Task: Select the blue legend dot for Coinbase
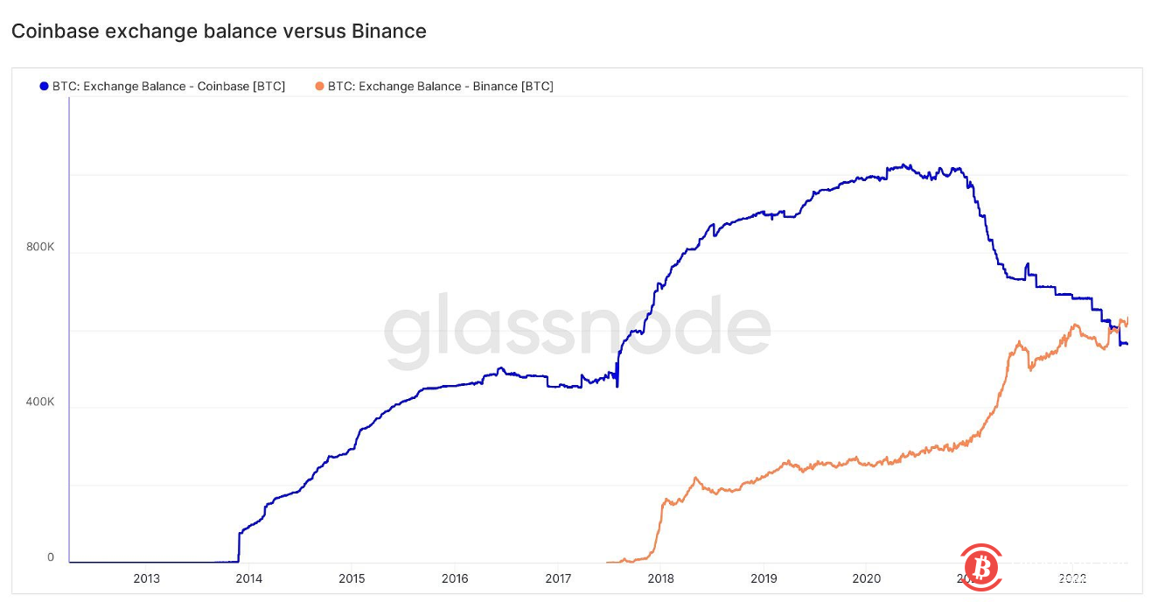44,86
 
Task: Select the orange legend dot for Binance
319,86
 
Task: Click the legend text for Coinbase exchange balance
169,86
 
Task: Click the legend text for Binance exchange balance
441,86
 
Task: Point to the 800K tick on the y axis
40,248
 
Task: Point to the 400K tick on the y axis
40,402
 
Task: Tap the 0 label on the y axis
50,557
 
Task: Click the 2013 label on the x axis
146,578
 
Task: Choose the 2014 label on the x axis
249,578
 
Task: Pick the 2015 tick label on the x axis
352,578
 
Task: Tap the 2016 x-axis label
455,578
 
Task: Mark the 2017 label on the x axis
558,578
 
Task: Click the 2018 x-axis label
660,578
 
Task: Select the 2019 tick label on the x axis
764,578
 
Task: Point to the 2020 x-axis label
866,578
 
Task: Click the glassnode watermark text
577,330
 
